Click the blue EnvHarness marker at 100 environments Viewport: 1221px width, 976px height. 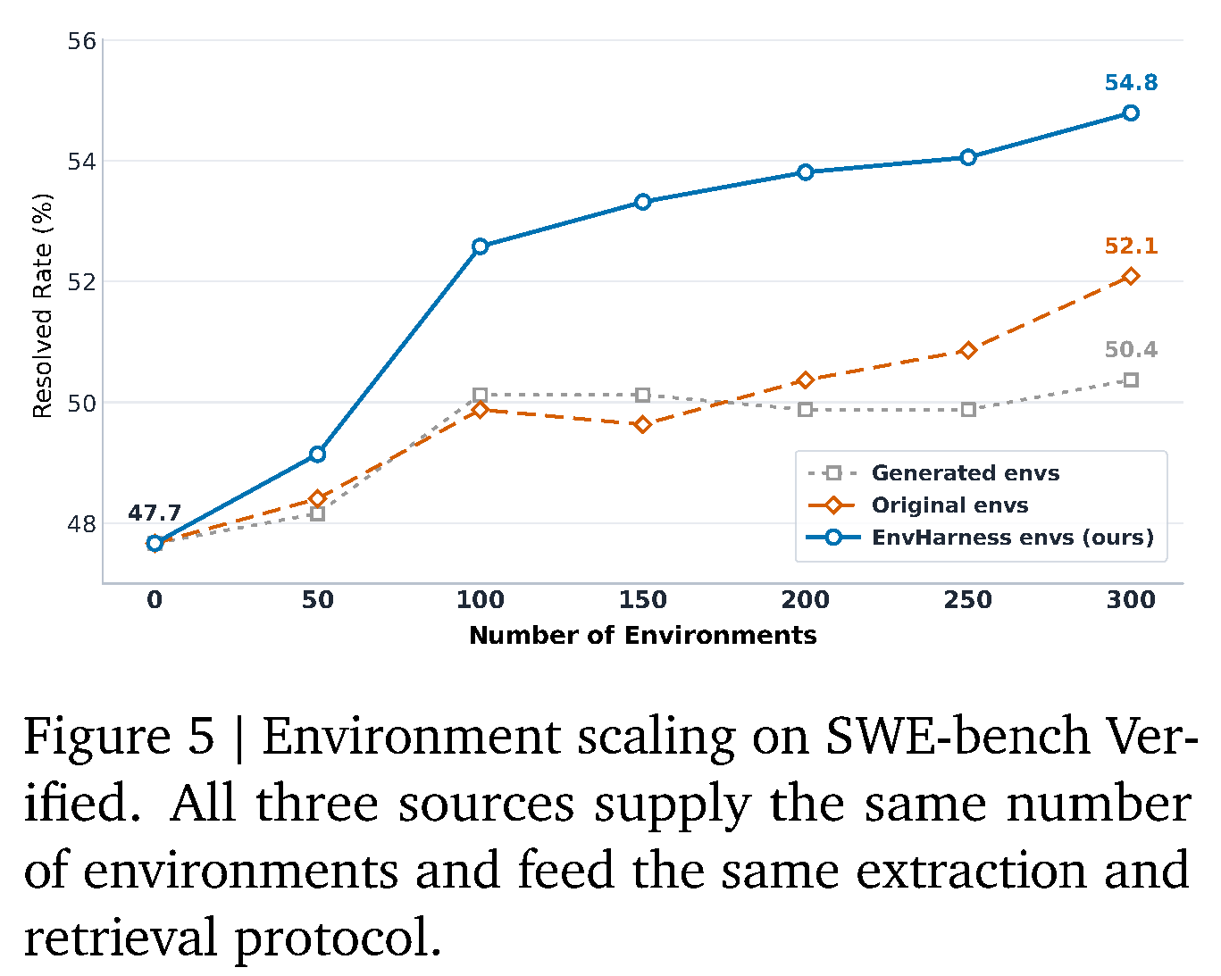(x=480, y=246)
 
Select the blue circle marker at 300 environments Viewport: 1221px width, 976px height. (x=1131, y=113)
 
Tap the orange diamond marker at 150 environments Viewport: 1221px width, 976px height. (x=643, y=424)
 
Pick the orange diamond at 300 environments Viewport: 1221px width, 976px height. (x=1131, y=276)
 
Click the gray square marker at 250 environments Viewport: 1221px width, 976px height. (x=968, y=409)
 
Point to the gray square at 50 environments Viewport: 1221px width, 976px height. (x=318, y=514)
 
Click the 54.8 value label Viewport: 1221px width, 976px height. (x=1131, y=83)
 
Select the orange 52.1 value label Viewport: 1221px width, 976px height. (x=1131, y=246)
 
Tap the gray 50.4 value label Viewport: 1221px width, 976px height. (x=1131, y=349)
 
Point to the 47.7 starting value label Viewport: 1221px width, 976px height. (x=155, y=513)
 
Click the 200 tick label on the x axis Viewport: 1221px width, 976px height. (x=805, y=600)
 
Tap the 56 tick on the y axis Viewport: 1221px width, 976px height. (x=81, y=41)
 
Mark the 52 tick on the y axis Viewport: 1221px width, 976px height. (x=81, y=282)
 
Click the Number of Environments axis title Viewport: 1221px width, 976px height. (x=643, y=635)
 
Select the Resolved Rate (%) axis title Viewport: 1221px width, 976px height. (x=43, y=306)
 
